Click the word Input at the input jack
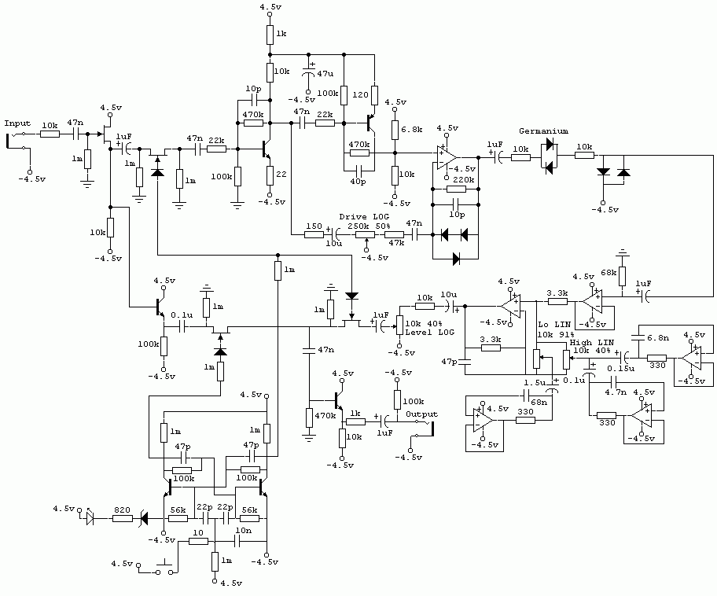[17, 123]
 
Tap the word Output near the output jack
[421, 414]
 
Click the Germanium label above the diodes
[544, 131]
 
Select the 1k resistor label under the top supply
[281, 33]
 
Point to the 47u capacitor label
[325, 73]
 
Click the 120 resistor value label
[360, 94]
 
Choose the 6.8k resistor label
[411, 130]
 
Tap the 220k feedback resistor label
[464, 180]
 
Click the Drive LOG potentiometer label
[364, 216]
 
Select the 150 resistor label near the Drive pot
[314, 226]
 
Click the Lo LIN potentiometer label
[554, 325]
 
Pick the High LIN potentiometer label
[592, 343]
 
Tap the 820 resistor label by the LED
[122, 510]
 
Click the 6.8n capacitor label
[658, 338]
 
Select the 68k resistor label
[609, 273]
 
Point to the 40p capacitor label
[358, 182]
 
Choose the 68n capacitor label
[539, 402]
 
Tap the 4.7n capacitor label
[616, 392]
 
